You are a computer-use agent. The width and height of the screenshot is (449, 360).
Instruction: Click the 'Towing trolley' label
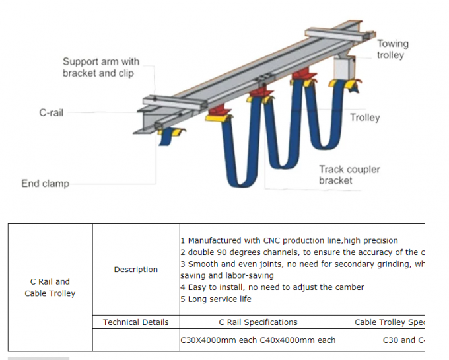[x=392, y=50]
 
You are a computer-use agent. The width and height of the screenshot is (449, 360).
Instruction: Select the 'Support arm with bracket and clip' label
[x=101, y=67]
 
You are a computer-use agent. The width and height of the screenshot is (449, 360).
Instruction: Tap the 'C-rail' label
[x=52, y=113]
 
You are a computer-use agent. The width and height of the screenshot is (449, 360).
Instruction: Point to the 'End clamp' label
[x=45, y=184]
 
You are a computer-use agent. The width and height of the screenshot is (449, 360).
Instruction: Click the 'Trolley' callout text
[x=364, y=118]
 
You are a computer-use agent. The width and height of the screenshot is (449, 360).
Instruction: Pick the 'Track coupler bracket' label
[x=349, y=175]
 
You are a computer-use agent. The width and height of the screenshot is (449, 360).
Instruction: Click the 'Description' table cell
[x=136, y=270]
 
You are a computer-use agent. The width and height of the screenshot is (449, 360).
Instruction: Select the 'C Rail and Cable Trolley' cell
[x=50, y=287]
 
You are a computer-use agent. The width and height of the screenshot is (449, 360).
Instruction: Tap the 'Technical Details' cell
[x=136, y=322]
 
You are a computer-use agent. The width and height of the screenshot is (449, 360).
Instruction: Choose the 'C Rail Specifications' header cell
[x=258, y=322]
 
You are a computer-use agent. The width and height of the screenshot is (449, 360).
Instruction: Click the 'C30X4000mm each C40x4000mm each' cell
[x=258, y=340]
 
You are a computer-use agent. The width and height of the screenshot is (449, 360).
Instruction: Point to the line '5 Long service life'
[x=215, y=299]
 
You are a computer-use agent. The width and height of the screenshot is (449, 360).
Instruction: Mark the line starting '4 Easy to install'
[x=271, y=287]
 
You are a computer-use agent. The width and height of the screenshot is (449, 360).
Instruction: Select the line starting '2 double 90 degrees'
[x=302, y=252]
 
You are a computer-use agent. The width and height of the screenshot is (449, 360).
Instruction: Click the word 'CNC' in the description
[x=256, y=240]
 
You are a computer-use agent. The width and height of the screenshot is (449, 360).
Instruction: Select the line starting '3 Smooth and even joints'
[x=302, y=264]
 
